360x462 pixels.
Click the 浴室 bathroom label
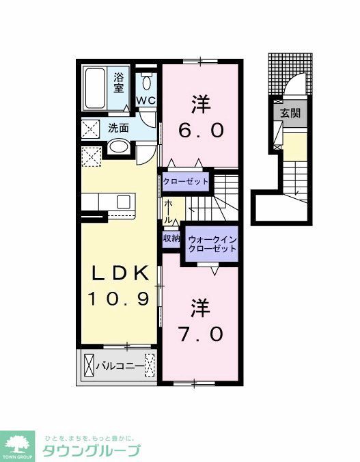(x=119, y=82)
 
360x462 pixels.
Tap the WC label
(x=146, y=100)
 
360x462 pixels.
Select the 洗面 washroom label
(x=118, y=127)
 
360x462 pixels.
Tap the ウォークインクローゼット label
(x=212, y=244)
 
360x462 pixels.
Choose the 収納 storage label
(x=171, y=239)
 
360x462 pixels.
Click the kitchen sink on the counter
(x=124, y=202)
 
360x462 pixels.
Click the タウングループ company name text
(x=92, y=451)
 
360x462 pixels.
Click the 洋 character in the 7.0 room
(x=199, y=308)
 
